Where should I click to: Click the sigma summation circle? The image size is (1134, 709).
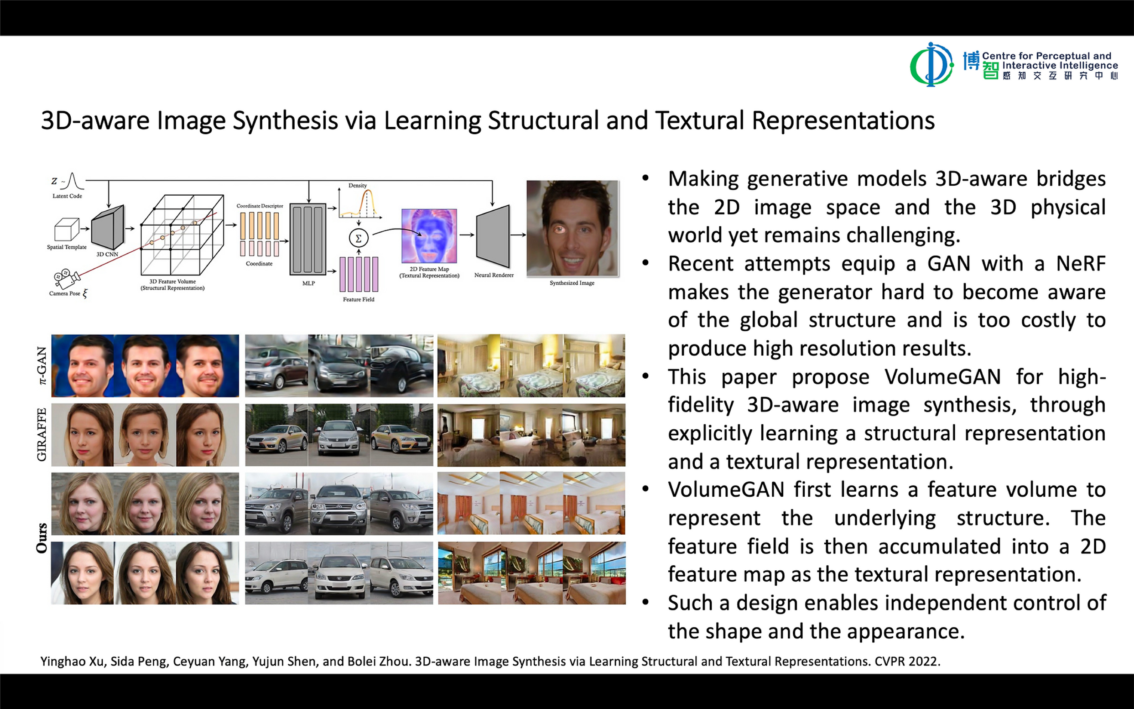pos(358,238)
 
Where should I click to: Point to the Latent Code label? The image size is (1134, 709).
pos(67,196)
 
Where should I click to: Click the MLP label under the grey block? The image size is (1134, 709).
pos(308,283)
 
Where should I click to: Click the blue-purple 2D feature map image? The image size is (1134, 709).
pos(429,236)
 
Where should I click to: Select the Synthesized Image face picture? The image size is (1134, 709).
pos(572,228)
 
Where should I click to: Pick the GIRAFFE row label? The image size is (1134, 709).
pos(42,435)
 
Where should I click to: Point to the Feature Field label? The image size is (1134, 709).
pos(358,299)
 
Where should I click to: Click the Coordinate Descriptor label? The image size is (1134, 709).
pos(260,206)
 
